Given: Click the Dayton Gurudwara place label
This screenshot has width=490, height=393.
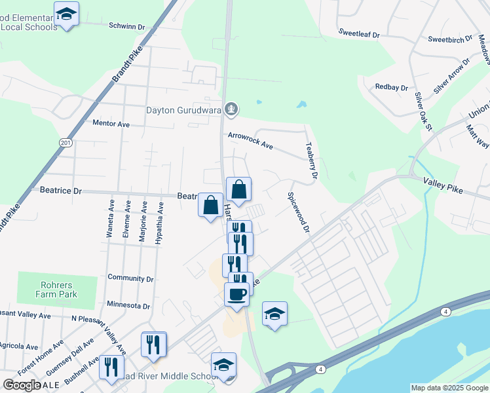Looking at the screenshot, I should coord(183,110).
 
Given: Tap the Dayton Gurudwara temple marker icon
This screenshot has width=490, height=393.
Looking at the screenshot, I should coord(230,109).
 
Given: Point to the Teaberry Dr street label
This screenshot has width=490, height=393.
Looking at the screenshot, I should coord(311,162).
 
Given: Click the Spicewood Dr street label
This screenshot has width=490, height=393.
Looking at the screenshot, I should coord(297,212).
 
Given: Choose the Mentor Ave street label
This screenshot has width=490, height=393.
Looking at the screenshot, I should coord(111,123).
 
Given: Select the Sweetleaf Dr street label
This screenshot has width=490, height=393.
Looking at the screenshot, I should coord(359,32).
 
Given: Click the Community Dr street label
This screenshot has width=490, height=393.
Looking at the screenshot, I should coord(130,278).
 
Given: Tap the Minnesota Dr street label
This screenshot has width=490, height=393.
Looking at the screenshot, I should coord(128,306).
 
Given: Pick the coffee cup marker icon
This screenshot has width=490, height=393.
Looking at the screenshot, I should coord(236,294).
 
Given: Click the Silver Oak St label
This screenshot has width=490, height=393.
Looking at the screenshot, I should coord(423,112).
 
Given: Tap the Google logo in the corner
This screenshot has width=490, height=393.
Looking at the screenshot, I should coord(22,385).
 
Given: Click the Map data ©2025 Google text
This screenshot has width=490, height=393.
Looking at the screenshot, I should coord(449,388).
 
